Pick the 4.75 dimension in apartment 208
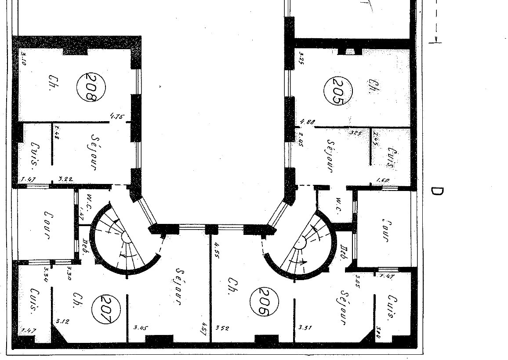click(x=117, y=117)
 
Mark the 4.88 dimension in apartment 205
click(x=308, y=122)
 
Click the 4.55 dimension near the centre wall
click(x=217, y=248)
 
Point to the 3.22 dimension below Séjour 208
click(x=65, y=179)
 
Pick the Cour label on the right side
click(x=385, y=229)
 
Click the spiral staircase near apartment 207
click(x=124, y=239)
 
